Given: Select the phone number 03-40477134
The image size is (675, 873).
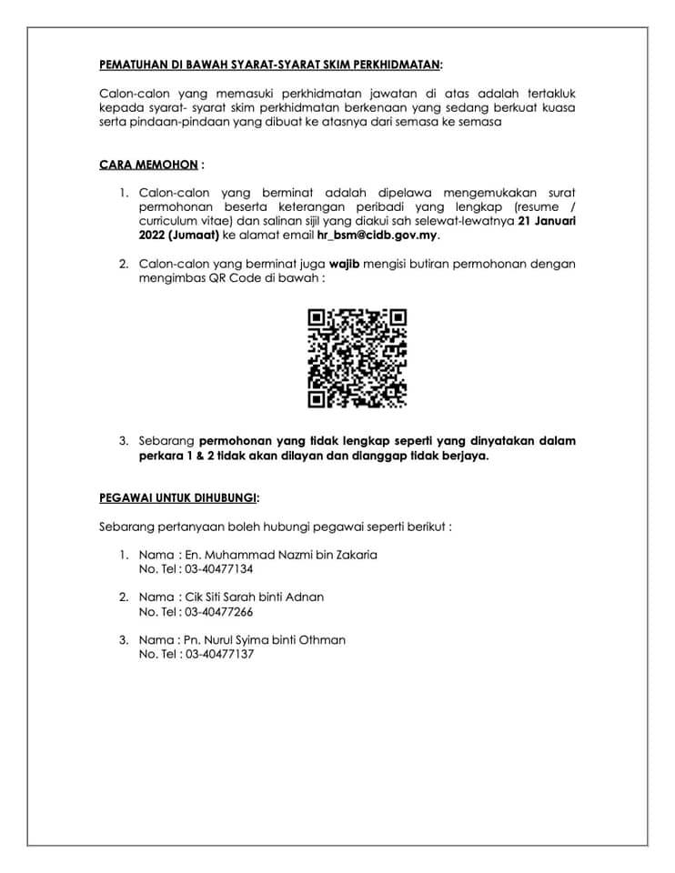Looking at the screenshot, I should click(x=219, y=568).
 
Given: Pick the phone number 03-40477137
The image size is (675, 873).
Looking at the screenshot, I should click(x=219, y=654).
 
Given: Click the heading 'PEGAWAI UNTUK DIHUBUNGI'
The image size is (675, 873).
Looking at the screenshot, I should click(x=178, y=497).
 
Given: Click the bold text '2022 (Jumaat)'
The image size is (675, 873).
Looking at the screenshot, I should click(x=179, y=235).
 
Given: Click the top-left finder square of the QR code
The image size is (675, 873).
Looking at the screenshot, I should click(x=317, y=318).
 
